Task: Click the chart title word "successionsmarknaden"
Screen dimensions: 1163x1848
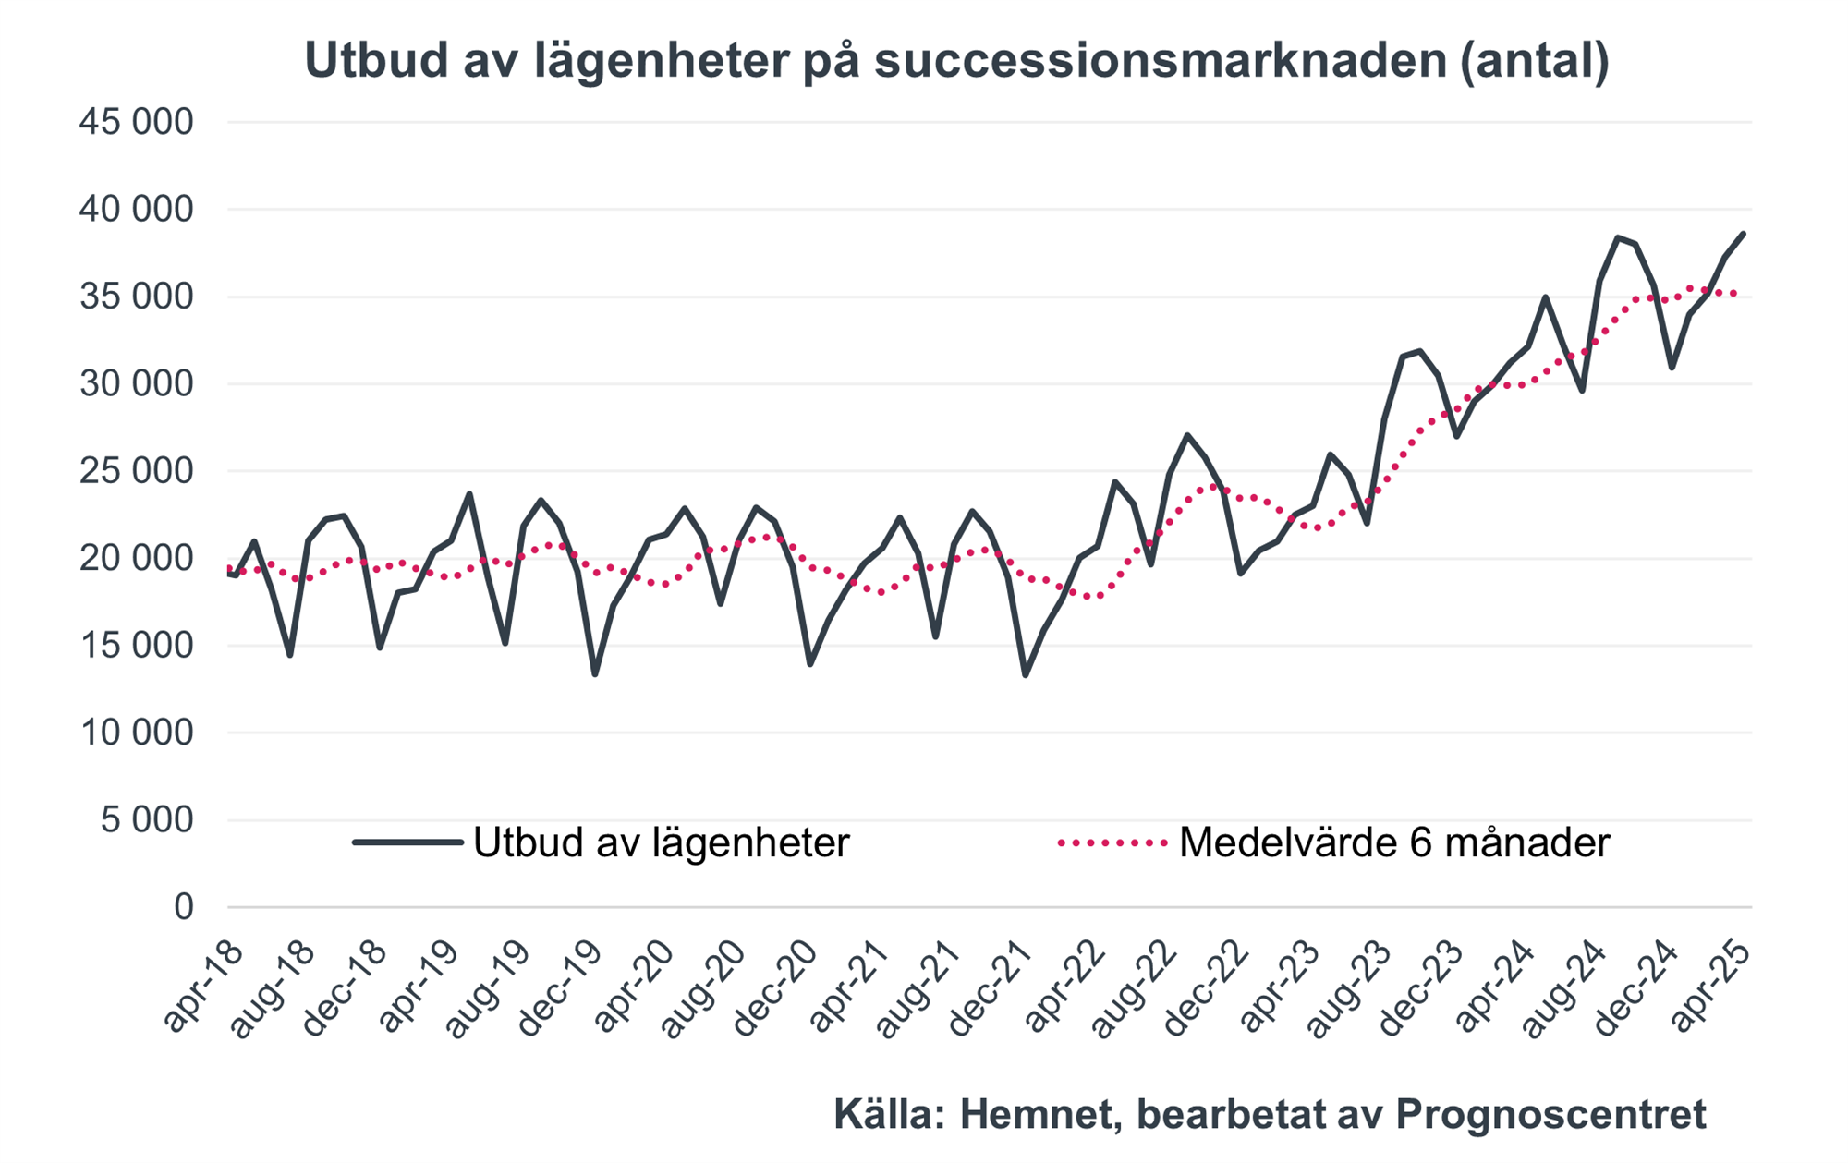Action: tap(1160, 61)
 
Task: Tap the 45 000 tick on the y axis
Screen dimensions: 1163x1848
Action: tap(137, 122)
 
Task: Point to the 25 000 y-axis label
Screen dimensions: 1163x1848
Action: tap(137, 471)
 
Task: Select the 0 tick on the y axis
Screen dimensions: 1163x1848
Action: tap(183, 907)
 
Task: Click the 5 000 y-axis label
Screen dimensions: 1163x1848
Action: tap(148, 820)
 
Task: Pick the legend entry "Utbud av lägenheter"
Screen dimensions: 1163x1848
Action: tap(661, 842)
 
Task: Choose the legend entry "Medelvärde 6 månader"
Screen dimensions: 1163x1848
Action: tap(1394, 842)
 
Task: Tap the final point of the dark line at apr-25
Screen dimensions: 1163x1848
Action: tap(1744, 234)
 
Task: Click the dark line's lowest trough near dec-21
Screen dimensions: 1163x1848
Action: tap(1026, 675)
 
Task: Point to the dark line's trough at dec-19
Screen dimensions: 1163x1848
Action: tap(595, 674)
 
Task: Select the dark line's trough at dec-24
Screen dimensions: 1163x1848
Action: tap(1672, 368)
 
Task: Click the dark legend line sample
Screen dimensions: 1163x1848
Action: tap(407, 842)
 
